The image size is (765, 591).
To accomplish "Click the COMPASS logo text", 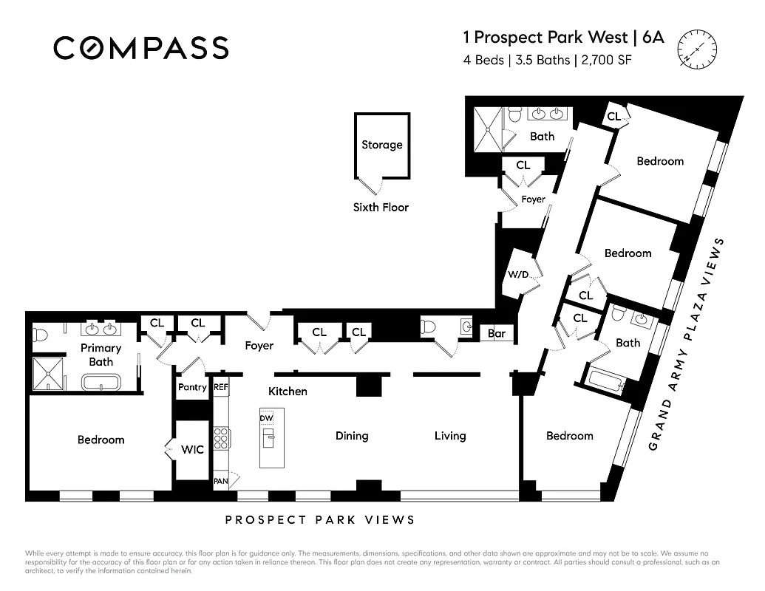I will [140, 48].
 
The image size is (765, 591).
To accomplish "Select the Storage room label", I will [382, 145].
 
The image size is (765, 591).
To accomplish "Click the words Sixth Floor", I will [381, 208].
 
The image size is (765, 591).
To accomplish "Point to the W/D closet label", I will [517, 275].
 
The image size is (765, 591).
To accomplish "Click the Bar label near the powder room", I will [497, 334].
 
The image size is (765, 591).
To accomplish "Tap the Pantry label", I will [192, 388].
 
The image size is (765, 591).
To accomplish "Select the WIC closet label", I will [192, 449].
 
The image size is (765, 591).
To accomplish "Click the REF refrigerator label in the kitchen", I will [220, 387].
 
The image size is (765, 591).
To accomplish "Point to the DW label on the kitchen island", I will [267, 418].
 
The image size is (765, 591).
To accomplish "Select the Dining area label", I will [352, 436].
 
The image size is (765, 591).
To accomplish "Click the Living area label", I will [449, 436].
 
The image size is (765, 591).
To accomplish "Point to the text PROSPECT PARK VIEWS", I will [320, 520].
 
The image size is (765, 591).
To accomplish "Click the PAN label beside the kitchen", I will [220, 481].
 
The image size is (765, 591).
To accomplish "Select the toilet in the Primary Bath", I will [41, 335].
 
